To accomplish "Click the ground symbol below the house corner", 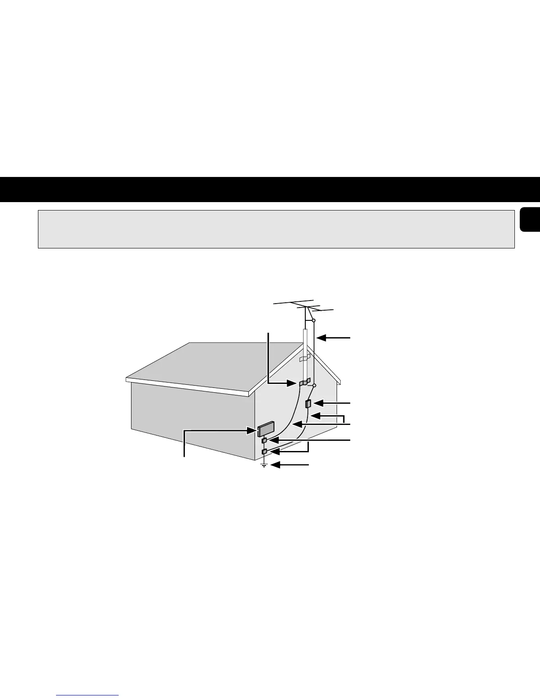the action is tap(264, 465).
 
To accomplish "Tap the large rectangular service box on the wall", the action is tap(266, 428).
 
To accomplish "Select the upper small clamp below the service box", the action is tap(264, 440).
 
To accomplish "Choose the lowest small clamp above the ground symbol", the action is tap(264, 451).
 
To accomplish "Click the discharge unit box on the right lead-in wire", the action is tap(309, 403).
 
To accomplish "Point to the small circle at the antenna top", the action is tap(313, 320).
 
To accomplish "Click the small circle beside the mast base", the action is tap(314, 385).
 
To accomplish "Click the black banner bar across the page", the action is tap(270, 189).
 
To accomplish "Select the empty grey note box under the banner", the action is tap(276, 229).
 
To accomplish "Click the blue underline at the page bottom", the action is tap(88, 695).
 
